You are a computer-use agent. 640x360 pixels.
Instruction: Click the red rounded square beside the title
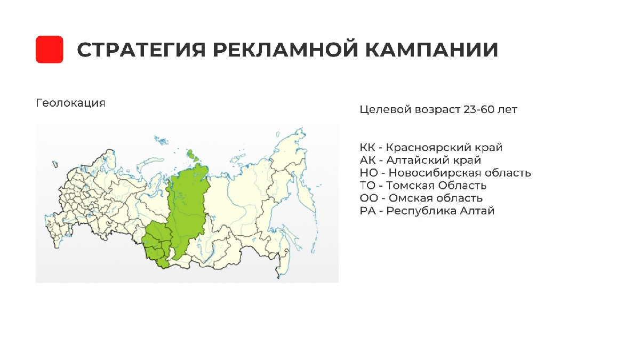click(50, 50)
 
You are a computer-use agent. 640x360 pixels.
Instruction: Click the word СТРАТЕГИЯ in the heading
click(141, 50)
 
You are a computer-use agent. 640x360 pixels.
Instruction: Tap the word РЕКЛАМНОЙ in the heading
click(285, 50)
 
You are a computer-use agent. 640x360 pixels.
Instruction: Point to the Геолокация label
click(70, 103)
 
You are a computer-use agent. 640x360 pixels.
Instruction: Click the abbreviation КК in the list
click(367, 147)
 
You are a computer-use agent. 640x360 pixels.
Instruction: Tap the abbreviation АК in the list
click(367, 160)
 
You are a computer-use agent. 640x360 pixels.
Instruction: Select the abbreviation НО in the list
click(369, 173)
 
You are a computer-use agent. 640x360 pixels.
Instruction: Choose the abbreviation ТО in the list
click(367, 186)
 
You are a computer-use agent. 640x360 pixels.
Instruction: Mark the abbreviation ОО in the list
click(369, 198)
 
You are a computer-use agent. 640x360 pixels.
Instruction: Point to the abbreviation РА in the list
click(367, 211)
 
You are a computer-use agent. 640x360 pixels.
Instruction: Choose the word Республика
click(421, 211)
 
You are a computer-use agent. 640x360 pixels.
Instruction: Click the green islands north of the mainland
click(193, 155)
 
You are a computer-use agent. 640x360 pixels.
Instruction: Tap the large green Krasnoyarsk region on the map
click(187, 209)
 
